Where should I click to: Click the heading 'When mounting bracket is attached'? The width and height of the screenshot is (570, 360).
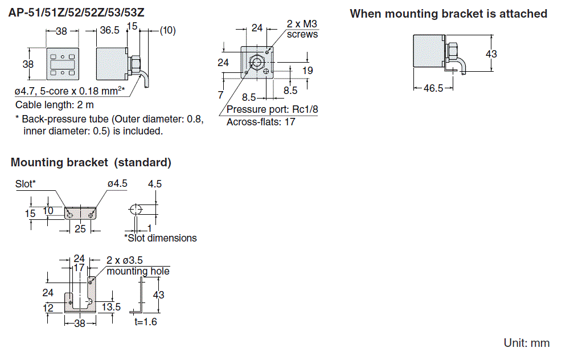448,14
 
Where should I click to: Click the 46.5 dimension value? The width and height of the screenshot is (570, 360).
433,88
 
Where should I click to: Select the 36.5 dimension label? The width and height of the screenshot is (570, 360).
110,31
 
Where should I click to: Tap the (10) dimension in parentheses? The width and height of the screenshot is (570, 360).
167,31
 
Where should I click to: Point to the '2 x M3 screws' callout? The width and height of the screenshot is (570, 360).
302,30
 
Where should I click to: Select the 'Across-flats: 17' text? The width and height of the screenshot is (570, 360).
261,122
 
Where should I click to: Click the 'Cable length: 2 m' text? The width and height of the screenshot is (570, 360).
55,105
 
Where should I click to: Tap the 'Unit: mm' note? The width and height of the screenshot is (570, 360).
527,343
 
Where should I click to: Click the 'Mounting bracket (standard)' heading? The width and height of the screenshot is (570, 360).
91,162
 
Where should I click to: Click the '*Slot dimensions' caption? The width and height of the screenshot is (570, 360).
161,238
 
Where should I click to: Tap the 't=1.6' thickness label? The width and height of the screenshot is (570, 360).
146,322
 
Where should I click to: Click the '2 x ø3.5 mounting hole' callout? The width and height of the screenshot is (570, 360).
138,266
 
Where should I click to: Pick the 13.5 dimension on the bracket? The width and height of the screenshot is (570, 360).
110,307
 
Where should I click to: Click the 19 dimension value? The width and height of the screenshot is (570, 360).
307,71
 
